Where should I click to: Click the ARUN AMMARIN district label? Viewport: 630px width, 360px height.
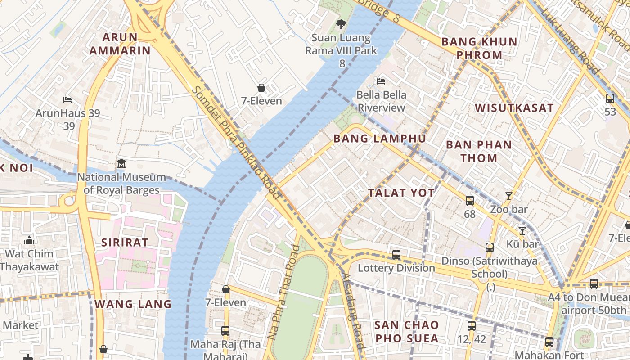[120, 44]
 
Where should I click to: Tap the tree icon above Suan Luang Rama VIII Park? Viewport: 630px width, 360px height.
[341, 24]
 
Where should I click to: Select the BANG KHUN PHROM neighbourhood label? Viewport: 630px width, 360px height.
[479, 49]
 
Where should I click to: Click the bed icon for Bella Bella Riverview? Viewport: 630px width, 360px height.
[381, 81]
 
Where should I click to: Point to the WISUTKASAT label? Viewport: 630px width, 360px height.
[514, 108]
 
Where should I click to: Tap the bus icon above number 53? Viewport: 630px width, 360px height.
[610, 98]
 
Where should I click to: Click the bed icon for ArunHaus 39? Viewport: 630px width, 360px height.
[67, 99]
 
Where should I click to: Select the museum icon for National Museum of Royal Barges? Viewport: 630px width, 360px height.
[121, 164]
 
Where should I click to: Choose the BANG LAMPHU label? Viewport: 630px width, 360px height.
[379, 139]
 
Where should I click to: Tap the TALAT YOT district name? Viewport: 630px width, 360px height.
[401, 193]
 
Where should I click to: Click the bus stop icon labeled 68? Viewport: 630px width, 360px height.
[469, 201]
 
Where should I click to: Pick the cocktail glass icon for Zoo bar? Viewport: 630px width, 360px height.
[508, 196]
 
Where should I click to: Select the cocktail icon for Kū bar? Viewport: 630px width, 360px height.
[522, 231]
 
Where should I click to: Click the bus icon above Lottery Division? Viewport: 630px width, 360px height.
[396, 255]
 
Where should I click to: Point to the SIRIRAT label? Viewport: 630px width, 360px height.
[124, 242]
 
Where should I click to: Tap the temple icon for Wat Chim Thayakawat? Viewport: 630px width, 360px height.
[29, 240]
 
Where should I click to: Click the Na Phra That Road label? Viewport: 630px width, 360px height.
[283, 292]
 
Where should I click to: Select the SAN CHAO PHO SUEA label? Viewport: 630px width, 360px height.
[407, 332]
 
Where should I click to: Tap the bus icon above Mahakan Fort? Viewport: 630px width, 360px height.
[549, 342]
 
